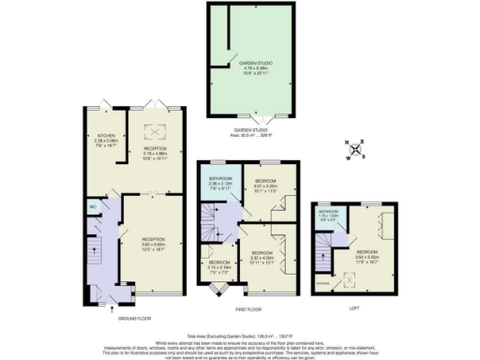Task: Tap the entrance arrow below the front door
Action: click(112, 304)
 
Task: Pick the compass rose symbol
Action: click(354, 148)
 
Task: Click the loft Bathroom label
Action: click(328, 214)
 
